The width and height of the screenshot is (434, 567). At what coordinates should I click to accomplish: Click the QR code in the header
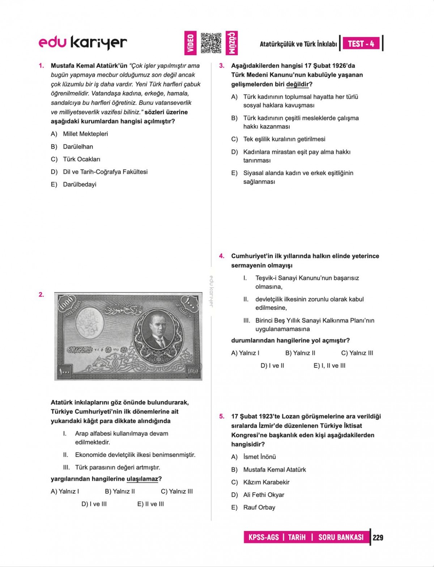[211, 43]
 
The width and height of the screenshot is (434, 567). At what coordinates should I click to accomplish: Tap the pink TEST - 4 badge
[361, 44]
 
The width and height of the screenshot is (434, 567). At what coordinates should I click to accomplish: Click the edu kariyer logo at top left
[83, 43]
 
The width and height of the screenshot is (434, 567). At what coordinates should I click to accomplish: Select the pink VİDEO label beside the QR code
[190, 43]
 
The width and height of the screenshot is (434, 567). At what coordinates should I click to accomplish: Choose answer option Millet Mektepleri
[85, 134]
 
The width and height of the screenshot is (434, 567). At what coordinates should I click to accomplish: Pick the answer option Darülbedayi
[80, 185]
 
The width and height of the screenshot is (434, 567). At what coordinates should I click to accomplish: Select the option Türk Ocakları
[81, 159]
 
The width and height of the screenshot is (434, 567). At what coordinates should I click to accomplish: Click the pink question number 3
[222, 66]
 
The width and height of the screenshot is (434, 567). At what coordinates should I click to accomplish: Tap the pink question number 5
[222, 416]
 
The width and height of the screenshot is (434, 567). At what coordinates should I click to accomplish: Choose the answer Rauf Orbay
[259, 508]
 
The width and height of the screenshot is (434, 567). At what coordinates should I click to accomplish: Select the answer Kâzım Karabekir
[266, 482]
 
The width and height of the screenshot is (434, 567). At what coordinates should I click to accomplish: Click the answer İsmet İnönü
[259, 457]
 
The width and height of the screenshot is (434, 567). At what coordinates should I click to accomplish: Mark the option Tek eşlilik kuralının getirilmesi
[284, 139]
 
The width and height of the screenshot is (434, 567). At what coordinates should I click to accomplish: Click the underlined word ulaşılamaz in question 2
[142, 479]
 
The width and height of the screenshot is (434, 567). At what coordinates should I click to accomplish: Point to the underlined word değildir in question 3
[297, 85]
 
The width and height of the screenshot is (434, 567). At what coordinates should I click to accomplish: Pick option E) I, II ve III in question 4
[329, 366]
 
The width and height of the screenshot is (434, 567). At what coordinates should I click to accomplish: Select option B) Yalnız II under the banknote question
[120, 491]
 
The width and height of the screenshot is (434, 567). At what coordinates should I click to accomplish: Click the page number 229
[378, 538]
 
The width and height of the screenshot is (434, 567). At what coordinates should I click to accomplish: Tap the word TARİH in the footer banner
[297, 537]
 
